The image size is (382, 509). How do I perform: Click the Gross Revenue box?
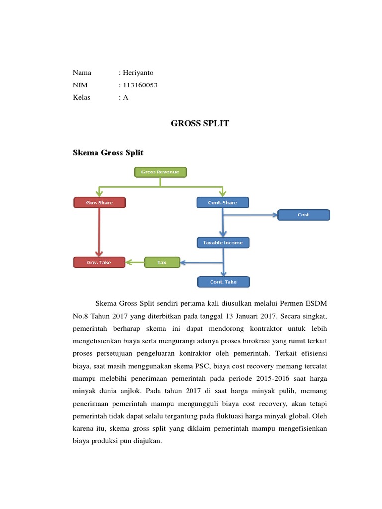click(160, 172)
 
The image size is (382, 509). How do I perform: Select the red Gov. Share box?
click(99, 202)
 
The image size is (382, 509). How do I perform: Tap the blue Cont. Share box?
click(223, 202)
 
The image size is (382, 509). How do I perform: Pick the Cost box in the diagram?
click(303, 215)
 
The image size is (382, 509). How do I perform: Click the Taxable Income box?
click(223, 243)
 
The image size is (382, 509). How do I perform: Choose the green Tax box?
click(162, 262)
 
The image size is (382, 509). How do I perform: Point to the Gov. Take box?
click(99, 262)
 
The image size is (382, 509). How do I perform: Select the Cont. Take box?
click(223, 282)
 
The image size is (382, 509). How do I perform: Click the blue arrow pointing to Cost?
click(251, 215)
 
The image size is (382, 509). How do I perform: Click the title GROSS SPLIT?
click(200, 123)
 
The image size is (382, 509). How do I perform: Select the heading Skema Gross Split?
click(108, 153)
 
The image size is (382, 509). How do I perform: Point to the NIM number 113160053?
click(140, 85)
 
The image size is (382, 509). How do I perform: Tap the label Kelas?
click(82, 97)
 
